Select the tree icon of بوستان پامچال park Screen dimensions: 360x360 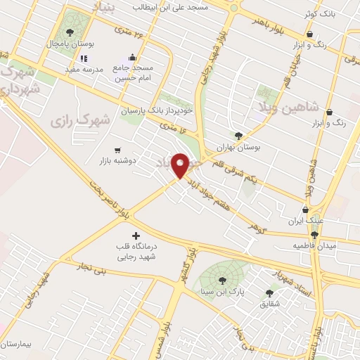[69, 32]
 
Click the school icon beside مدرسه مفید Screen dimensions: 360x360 [84, 59]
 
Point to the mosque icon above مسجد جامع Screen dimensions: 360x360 [132, 58]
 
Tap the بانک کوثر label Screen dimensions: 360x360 [320, 14]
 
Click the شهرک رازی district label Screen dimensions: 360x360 [80, 121]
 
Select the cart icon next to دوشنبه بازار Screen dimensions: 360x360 [117, 150]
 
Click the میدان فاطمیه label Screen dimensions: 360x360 [314, 246]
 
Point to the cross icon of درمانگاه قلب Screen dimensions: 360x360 [136, 236]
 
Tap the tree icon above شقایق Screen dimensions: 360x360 [270, 292]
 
